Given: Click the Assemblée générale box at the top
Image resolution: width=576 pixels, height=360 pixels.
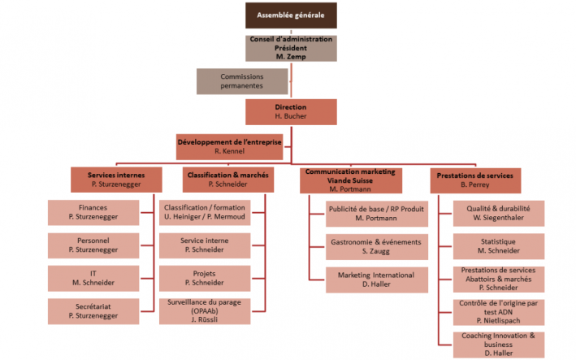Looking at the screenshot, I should [291, 16].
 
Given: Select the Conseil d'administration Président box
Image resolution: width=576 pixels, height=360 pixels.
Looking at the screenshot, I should [291, 48].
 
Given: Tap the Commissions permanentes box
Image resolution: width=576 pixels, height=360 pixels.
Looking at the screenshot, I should [242, 80].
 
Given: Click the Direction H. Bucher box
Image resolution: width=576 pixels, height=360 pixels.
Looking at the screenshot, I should [291, 112].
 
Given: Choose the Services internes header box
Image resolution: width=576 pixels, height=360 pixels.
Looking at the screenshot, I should [115, 179].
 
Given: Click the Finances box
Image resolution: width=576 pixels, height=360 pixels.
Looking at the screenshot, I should [93, 212].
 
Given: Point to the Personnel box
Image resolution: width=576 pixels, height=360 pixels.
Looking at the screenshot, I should [93, 245].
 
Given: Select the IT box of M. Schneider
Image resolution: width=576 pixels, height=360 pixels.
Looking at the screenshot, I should [93, 277].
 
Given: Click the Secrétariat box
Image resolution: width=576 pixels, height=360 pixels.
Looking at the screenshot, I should [93, 310].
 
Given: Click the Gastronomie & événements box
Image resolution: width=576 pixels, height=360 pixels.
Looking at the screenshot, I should [376, 245].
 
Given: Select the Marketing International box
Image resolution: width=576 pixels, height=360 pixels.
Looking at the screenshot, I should [376, 280].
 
